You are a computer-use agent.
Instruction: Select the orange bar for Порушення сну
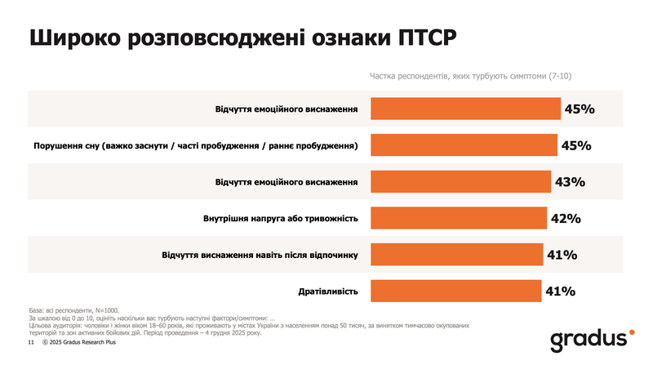coord(464,145)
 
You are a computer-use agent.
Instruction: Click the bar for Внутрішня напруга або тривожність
coord(459,218)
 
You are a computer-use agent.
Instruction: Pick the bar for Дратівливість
coord(456,291)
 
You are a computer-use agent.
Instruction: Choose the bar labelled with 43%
coord(461,181)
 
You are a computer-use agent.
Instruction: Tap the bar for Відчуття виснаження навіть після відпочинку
coord(456,255)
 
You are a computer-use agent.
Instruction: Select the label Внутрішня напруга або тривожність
coord(282,218)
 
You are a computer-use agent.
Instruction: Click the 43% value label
coord(570,181)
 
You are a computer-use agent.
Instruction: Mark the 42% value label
coord(565,218)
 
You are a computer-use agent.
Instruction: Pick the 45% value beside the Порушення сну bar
coord(576,145)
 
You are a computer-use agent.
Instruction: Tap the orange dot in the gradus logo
coord(629,333)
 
